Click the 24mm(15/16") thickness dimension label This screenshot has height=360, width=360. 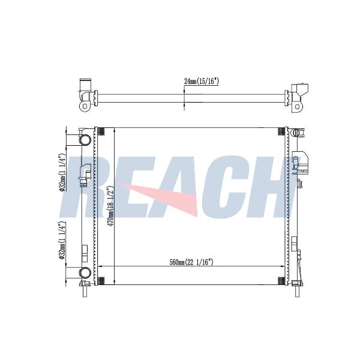[202, 81]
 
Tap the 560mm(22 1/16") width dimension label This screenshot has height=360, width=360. [191, 262]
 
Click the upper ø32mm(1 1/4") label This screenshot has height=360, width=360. [62, 173]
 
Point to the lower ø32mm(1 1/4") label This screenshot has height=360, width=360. [62, 240]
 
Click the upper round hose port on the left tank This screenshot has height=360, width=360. [85, 140]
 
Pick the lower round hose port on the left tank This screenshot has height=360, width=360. [85, 273]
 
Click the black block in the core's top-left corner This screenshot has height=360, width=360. [101, 131]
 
